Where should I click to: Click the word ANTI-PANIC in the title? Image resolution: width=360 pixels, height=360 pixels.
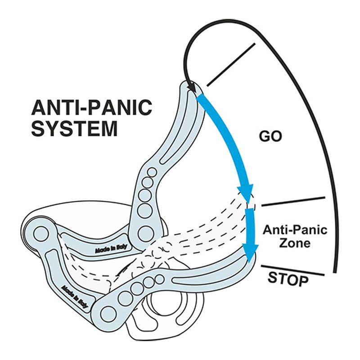(91, 108)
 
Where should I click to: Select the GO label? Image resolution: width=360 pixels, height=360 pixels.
(270, 136)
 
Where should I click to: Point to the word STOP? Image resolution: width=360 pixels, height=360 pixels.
(288, 279)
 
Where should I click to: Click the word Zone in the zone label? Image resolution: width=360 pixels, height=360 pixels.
(295, 243)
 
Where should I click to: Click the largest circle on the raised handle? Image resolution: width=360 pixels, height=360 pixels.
(145, 233)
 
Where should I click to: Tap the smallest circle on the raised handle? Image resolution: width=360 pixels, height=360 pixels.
(152, 172)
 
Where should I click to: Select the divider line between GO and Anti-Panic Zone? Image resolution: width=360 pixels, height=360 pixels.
(293, 202)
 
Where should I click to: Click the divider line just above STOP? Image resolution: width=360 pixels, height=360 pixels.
(293, 270)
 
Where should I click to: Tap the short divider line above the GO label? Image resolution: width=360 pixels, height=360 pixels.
(231, 64)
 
